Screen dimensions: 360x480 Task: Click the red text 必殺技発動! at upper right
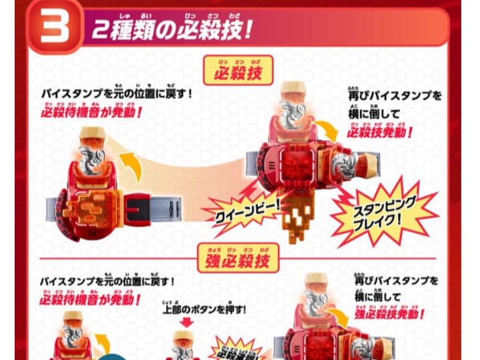click(379, 131)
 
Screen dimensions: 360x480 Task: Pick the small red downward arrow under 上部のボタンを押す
click(186, 323)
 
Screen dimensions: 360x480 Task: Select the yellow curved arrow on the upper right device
click(326, 131)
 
